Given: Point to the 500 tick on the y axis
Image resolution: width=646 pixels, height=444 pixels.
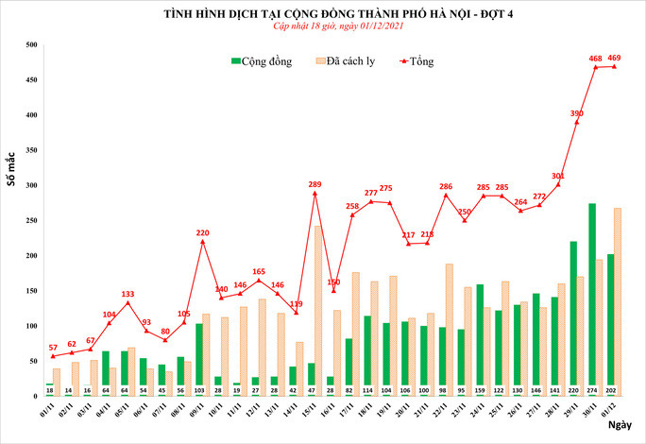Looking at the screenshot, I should pos(31,45).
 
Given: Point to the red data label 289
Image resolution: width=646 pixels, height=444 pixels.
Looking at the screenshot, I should pos(315,184).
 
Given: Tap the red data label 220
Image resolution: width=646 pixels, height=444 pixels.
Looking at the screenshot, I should pos(202,232).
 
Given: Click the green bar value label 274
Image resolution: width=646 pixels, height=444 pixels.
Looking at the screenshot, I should pos(592,389).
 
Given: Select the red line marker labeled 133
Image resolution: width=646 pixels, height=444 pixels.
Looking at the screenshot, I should pos(127,302).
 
